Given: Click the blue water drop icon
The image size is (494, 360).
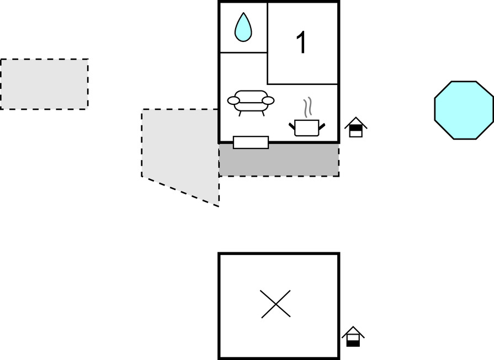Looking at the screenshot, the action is pos(243,27).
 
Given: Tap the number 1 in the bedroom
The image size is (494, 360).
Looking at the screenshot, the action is pos(301,43).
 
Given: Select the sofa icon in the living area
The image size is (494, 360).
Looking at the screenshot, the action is pos(251,103).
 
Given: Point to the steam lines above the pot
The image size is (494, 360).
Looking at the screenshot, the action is pos(308,107).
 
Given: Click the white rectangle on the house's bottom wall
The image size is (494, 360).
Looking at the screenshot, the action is pos(251,142).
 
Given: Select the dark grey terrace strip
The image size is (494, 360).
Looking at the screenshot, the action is pos(279,160).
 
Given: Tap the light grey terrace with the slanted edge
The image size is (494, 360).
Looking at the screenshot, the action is pos(180,151).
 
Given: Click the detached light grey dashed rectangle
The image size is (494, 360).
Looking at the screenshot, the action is pos(44,84).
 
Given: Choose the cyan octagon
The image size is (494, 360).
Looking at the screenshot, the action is pos(464,110).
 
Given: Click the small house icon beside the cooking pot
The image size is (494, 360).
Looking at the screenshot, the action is pos(355,127).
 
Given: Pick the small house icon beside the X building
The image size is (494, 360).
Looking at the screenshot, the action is pos(353,336).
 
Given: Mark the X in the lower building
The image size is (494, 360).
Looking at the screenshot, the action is pos(275,304).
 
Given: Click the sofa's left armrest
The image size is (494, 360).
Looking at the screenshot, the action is pos(233,100).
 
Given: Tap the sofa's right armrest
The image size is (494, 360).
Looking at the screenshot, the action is pos(268,100).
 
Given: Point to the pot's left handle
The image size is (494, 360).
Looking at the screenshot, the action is pos(292,126).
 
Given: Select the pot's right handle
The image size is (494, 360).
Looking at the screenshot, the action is pos(322,126).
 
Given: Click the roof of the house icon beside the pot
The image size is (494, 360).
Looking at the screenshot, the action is pos(355,122).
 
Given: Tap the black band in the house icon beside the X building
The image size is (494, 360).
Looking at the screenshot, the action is pos(353,343).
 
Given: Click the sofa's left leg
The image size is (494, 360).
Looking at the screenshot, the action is pos(240,114).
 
